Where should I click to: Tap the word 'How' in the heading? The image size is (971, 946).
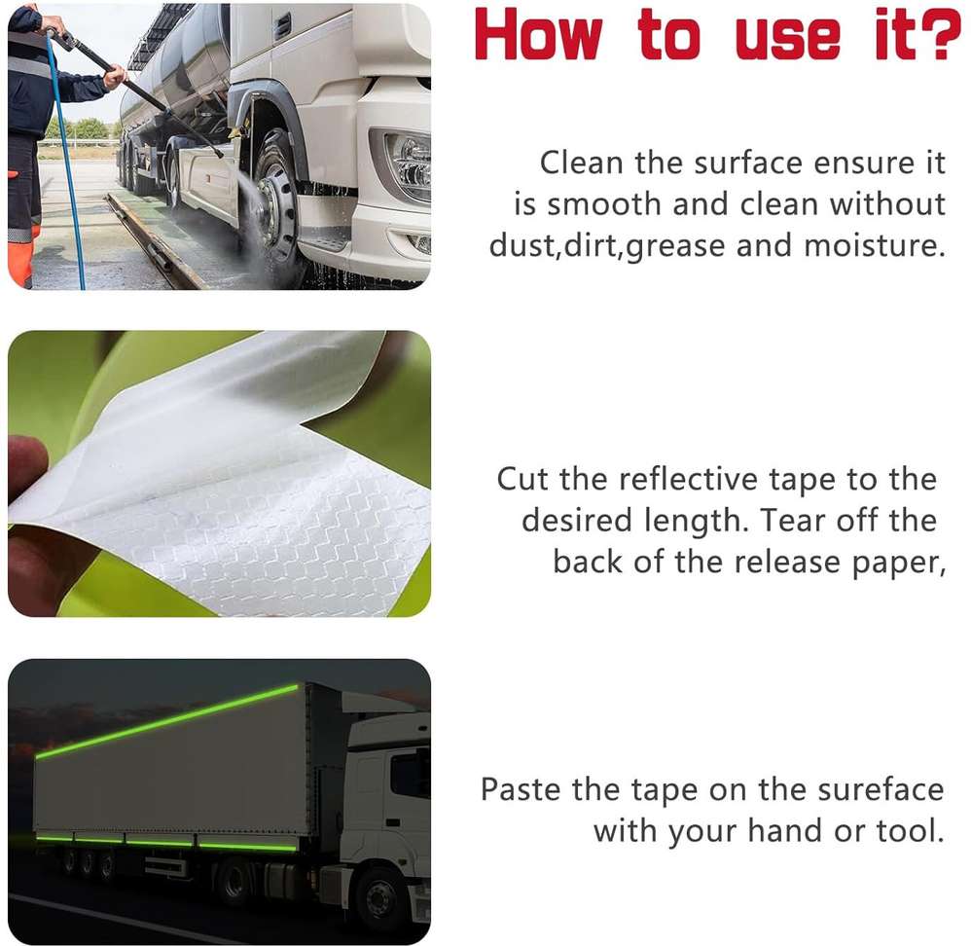538,35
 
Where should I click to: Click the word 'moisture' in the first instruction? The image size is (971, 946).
875,245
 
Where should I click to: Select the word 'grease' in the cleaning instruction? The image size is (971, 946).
675,246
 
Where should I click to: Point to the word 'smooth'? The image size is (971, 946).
604,204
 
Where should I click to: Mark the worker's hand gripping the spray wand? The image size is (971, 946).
115,78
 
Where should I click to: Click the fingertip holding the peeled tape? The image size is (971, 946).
24,458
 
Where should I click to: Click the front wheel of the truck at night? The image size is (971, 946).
380,897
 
